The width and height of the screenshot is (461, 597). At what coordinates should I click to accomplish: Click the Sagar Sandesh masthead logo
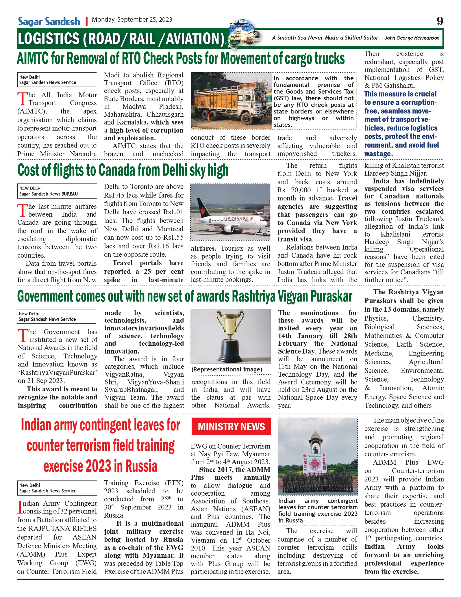tap(49, 21)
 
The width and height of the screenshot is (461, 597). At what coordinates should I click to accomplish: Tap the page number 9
tap(440, 21)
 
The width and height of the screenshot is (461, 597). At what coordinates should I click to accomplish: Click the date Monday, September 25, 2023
tap(132, 20)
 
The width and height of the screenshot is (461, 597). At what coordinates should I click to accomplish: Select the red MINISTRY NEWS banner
tap(231, 426)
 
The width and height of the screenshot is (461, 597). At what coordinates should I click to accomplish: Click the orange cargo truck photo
tap(231, 100)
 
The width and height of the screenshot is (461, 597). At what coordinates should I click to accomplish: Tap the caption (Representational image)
tap(227, 369)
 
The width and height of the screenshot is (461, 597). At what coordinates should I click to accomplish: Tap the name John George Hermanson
tap(412, 38)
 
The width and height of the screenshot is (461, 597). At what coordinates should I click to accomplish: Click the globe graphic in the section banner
tap(242, 34)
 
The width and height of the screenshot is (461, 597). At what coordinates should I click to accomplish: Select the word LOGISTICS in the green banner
tap(48, 39)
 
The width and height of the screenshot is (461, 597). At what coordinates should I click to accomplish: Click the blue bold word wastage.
tap(378, 154)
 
